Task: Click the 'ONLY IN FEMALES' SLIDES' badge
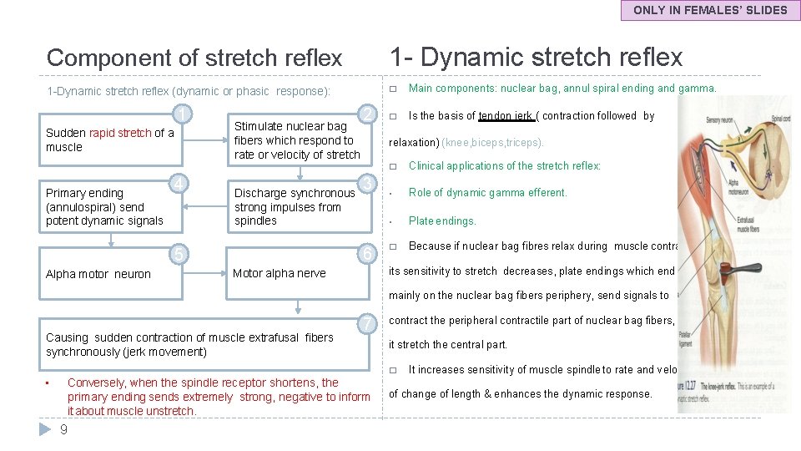tap(710, 11)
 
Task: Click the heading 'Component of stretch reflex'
tap(194, 58)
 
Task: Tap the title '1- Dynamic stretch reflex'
tap(536, 57)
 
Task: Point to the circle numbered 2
tap(365, 114)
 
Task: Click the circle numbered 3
tap(365, 183)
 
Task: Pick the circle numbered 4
tap(179, 183)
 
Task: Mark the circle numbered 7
tap(365, 324)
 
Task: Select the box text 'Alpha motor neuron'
tap(98, 274)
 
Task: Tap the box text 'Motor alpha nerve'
tap(279, 273)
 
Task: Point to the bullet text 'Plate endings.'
tap(442, 221)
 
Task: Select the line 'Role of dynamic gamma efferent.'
tap(487, 193)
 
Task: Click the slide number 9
tap(63, 430)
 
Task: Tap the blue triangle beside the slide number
tap(47, 429)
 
